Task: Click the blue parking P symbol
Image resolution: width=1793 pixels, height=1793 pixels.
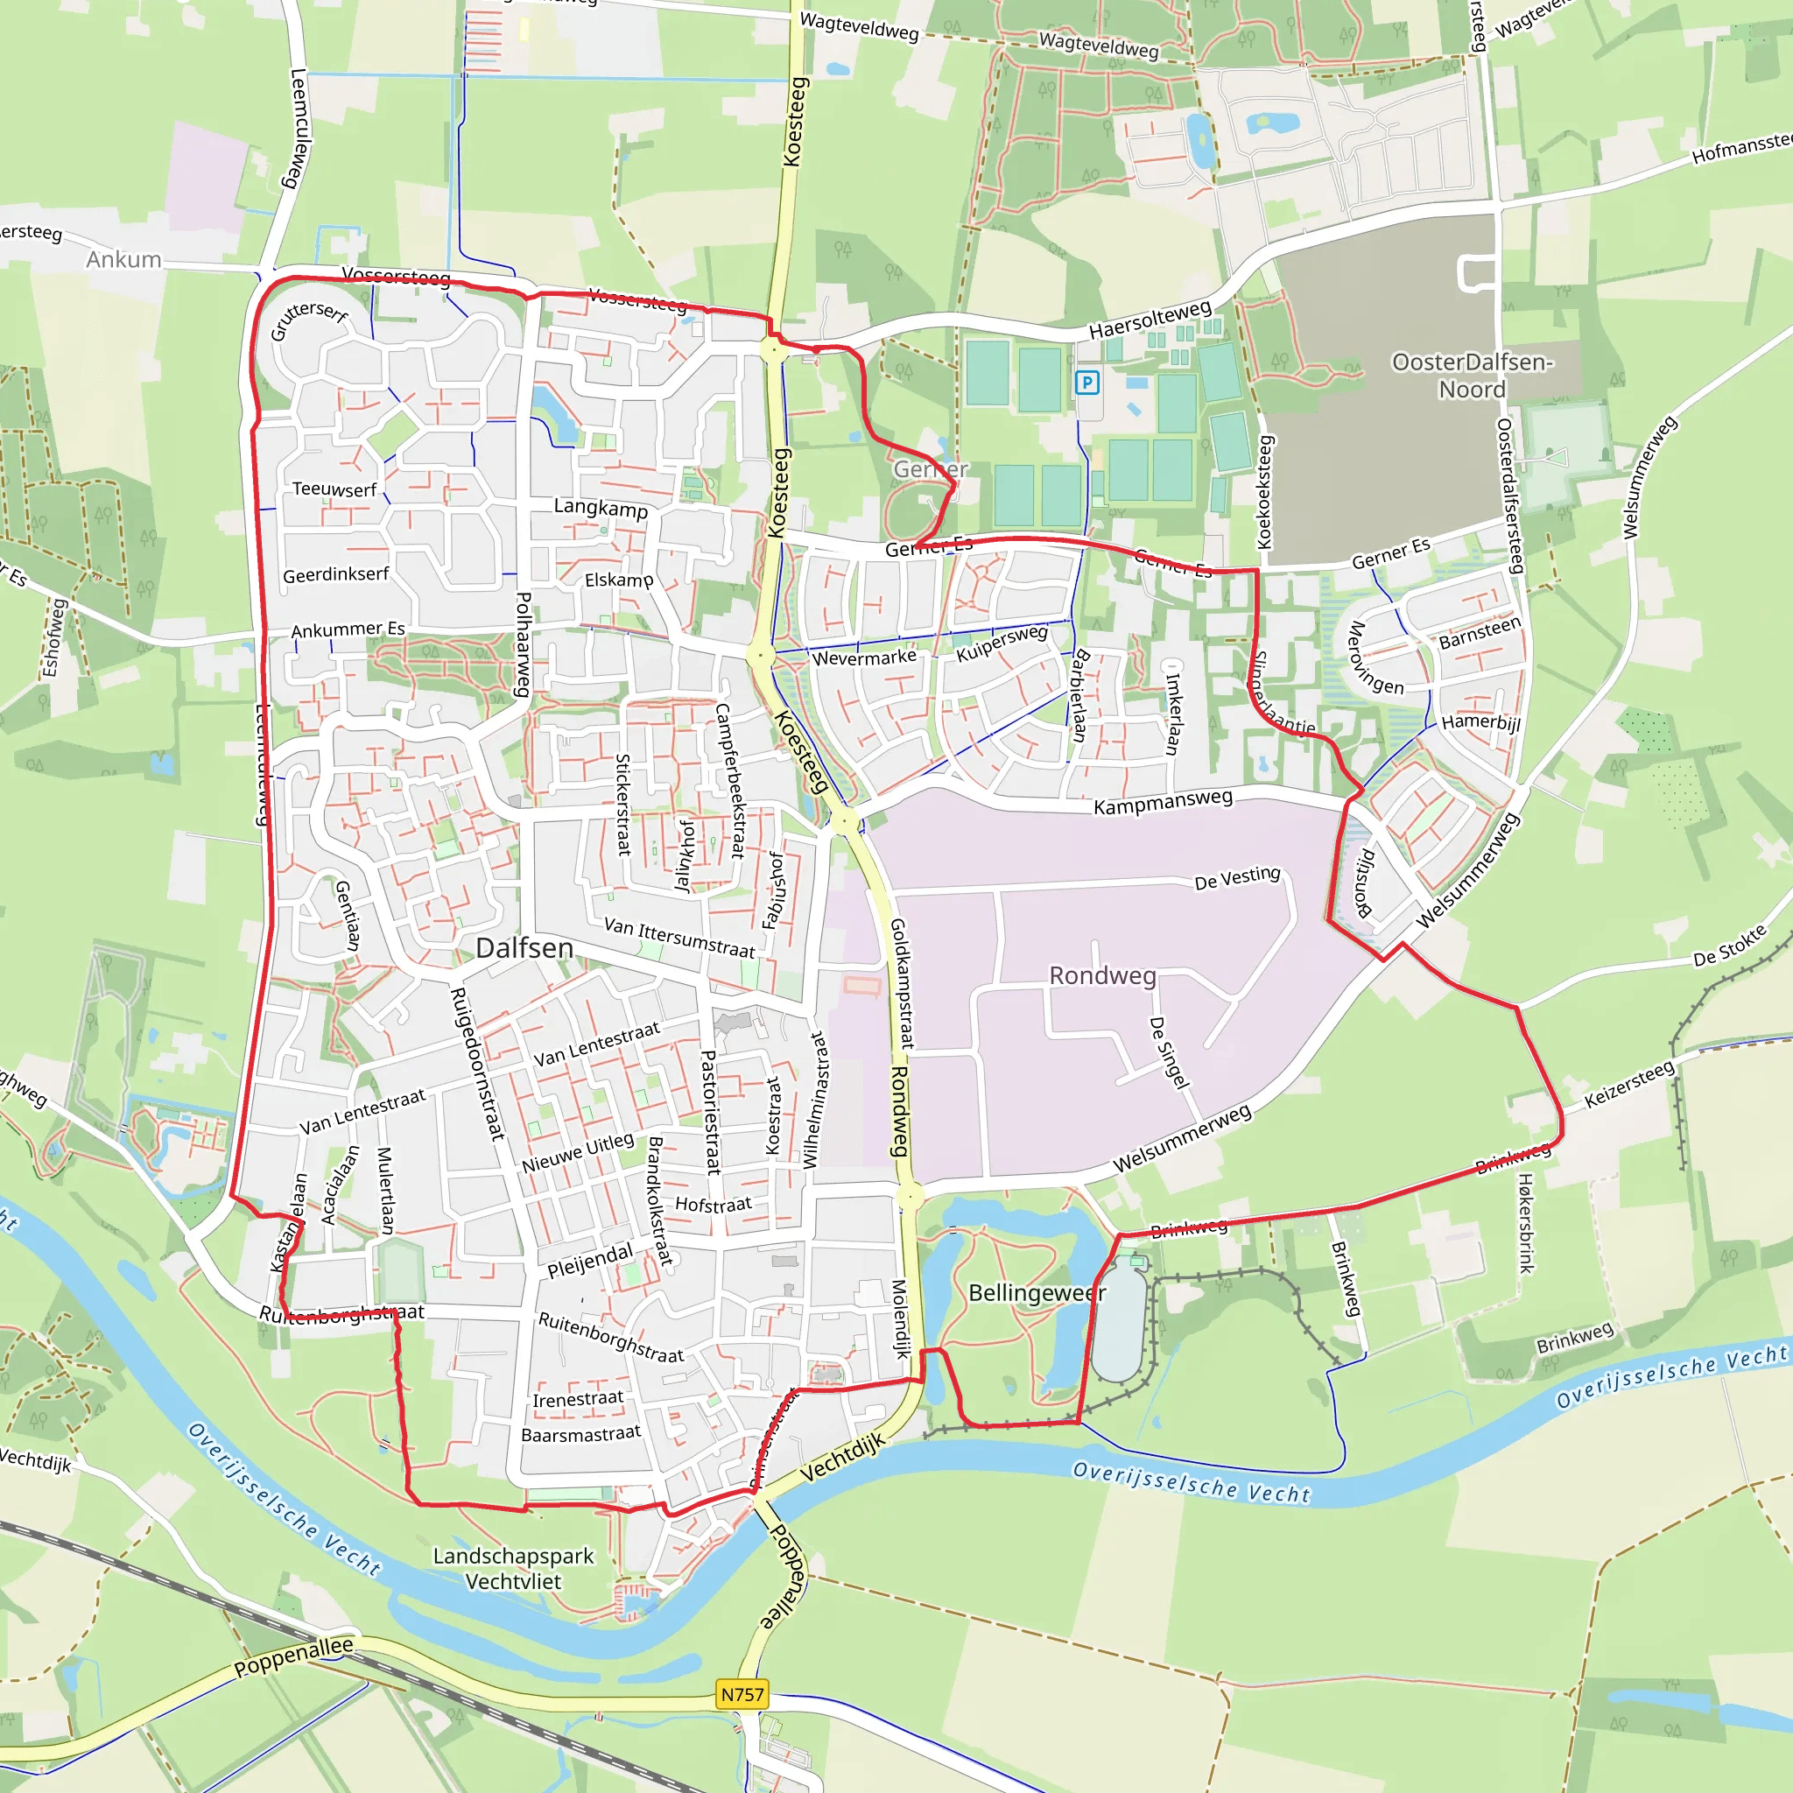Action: point(1086,382)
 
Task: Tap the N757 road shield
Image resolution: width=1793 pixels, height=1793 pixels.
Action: point(742,1694)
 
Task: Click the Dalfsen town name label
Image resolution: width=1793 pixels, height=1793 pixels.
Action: point(524,947)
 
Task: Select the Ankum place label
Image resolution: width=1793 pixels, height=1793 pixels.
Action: point(123,259)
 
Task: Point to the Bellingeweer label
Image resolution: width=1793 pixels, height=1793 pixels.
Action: point(1037,1293)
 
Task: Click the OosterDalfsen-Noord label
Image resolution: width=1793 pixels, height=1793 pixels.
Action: point(1472,375)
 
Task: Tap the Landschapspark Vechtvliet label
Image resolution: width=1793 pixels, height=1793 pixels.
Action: point(513,1568)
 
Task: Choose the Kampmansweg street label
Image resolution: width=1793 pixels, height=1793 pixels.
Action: point(1163,802)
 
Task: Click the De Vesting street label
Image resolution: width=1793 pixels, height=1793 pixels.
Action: point(1237,877)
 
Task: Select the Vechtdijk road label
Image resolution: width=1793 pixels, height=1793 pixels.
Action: point(841,1457)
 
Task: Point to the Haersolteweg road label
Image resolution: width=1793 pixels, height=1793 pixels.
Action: point(1150,320)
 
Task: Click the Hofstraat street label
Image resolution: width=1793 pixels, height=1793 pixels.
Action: point(713,1205)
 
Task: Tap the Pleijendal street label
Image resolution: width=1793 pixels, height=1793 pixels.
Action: point(590,1262)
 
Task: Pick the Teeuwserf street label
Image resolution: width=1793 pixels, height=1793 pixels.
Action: point(334,489)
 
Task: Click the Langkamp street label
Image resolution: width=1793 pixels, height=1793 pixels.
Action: point(601,508)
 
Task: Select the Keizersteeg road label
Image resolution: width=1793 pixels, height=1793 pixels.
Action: point(1628,1084)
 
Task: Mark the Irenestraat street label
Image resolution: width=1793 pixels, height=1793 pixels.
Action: point(578,1398)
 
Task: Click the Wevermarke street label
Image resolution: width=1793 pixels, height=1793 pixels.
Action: point(864,658)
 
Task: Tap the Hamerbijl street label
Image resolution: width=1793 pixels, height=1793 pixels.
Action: point(1480,722)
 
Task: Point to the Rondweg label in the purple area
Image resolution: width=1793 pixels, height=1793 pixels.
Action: point(1102,975)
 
